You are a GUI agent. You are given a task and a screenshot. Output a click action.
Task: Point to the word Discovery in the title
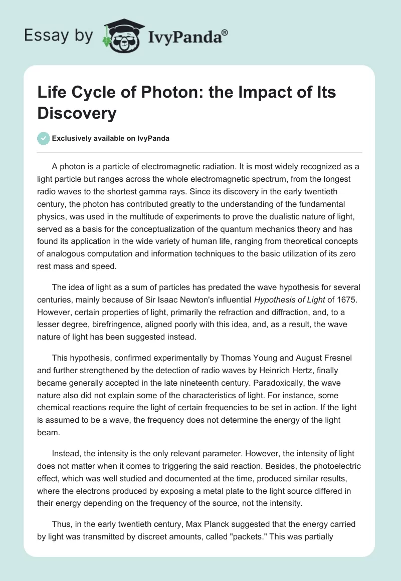coord(77,113)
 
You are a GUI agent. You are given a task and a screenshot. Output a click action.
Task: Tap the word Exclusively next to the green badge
coord(72,138)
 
